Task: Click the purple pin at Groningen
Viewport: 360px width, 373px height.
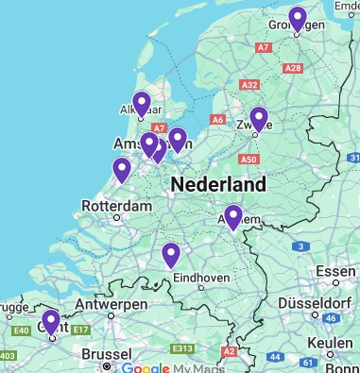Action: pos(298,19)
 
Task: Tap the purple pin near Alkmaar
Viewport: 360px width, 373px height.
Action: pos(142,104)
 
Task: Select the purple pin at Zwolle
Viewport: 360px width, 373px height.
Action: pos(258,119)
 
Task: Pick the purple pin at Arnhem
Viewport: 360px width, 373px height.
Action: pos(232,217)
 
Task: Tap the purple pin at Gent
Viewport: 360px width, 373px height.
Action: pos(51,322)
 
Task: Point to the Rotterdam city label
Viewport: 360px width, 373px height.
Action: pos(117,206)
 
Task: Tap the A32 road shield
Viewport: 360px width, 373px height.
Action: pos(249,85)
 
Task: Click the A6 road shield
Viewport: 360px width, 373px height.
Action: pos(218,120)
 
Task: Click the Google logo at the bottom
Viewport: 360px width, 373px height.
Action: pos(142,366)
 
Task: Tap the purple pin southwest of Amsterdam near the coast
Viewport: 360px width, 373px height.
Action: pos(121,169)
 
